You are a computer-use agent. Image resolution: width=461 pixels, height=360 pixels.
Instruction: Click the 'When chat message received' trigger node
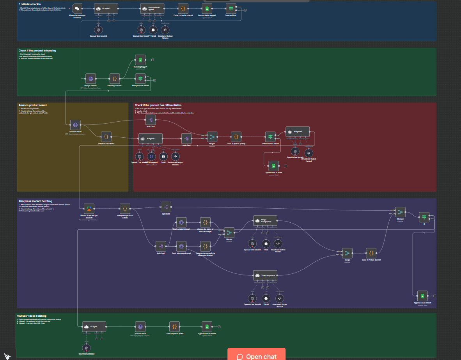point(77,8)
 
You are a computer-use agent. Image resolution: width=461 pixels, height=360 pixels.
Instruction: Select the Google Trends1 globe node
point(90,78)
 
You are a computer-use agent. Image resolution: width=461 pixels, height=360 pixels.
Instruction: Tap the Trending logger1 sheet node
point(140,60)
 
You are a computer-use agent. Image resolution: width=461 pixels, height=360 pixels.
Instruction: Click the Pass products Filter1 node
point(140,78)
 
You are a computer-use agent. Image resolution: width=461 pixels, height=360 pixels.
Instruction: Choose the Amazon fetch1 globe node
point(75,125)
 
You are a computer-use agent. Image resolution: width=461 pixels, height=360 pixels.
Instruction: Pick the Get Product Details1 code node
point(106,137)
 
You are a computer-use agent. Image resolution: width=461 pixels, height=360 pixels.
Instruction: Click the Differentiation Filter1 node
point(271,137)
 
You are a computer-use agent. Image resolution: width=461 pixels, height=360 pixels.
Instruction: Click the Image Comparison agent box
point(265,220)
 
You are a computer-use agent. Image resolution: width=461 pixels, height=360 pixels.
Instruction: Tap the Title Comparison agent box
point(265,275)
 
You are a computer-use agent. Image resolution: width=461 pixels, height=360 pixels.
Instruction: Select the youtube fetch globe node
point(140,326)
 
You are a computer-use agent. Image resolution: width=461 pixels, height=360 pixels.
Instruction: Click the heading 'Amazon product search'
point(33,105)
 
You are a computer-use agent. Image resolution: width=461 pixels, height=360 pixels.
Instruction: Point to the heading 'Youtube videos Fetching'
point(32,316)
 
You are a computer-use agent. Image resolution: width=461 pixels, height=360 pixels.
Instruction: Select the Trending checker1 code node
point(115,78)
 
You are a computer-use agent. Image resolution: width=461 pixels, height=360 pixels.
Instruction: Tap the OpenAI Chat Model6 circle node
point(98,29)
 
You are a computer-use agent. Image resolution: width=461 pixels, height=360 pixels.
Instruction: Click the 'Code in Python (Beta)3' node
point(371,253)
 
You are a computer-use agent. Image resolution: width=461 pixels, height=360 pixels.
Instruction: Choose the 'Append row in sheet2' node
point(207,326)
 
